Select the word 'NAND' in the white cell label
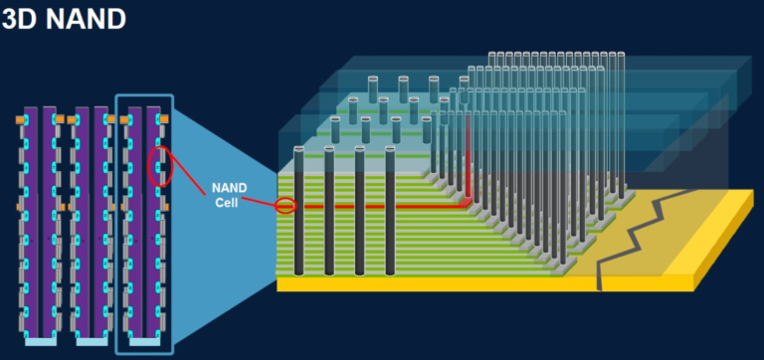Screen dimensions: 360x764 [x=230, y=187]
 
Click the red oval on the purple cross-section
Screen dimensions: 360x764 [x=159, y=166]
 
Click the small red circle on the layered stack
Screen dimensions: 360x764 [x=286, y=206]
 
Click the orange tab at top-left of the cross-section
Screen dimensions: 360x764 [x=20, y=119]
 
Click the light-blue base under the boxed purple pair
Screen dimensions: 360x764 [x=144, y=341]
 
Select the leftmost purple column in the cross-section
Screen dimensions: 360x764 [x=31, y=219]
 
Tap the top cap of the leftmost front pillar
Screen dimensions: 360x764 [x=298, y=149]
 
